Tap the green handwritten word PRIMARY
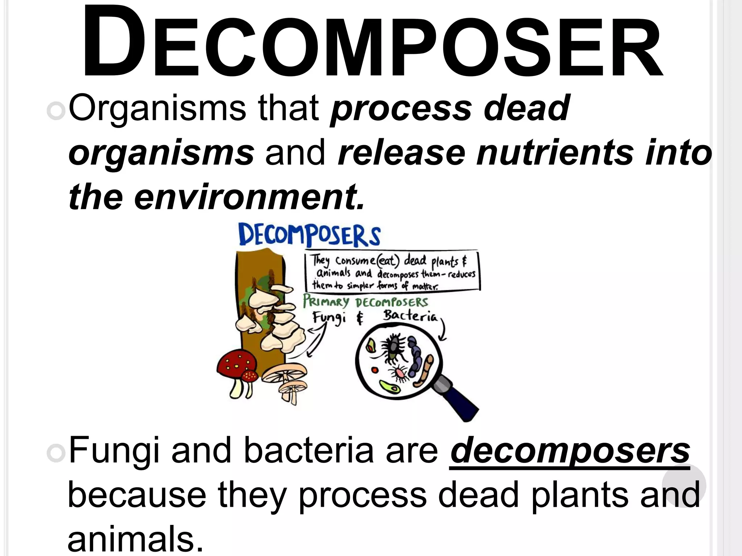pyautogui.click(x=326, y=301)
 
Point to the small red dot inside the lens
pyautogui.click(x=375, y=370)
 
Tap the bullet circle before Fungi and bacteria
pyautogui.click(x=56, y=453)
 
